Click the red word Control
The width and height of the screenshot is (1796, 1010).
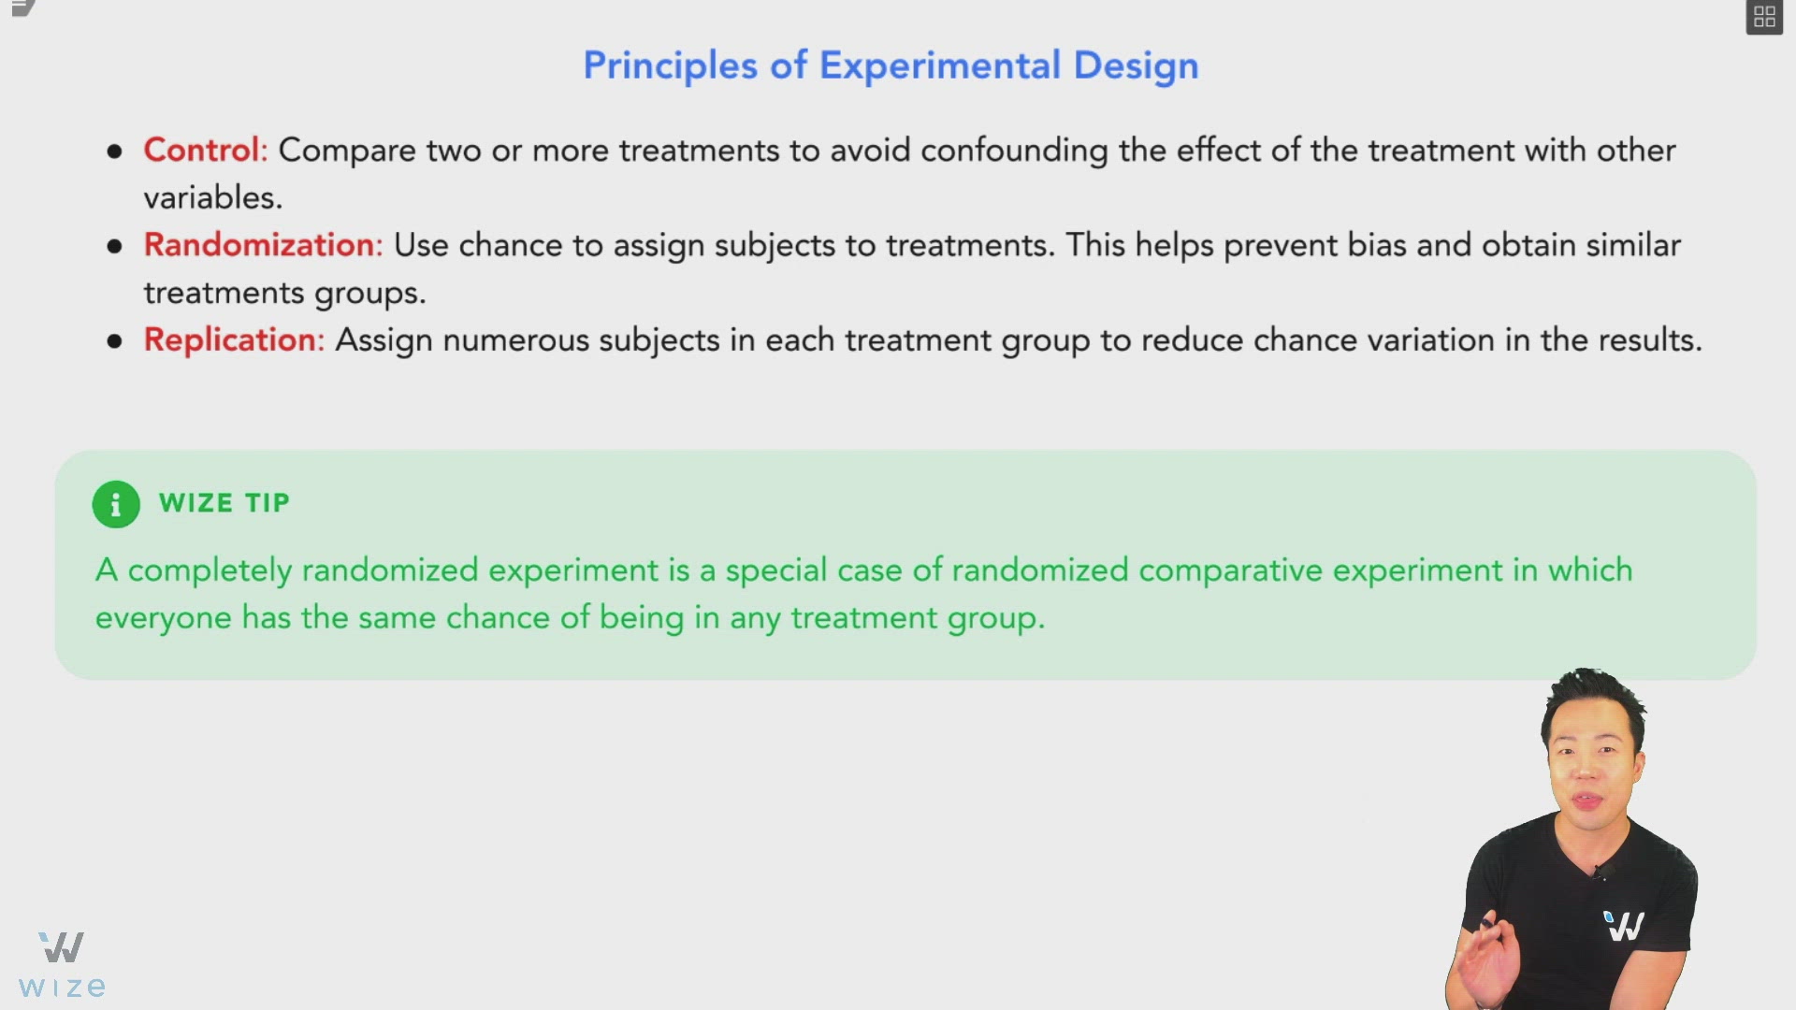201,151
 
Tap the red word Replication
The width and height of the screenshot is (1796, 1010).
230,339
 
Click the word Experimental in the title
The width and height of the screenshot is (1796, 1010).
939,65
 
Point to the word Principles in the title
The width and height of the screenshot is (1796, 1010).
670,65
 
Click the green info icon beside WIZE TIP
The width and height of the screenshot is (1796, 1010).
116,505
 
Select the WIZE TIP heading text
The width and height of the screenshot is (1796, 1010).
224,503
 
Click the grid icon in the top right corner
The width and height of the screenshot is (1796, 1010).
1764,17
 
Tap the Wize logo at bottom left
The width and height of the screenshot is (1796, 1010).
62,963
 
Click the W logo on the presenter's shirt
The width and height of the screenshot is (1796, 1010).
1624,925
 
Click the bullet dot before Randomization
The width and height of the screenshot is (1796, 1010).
115,246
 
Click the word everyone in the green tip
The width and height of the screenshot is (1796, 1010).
163,618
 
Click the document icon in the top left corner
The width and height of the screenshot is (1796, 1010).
22,9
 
